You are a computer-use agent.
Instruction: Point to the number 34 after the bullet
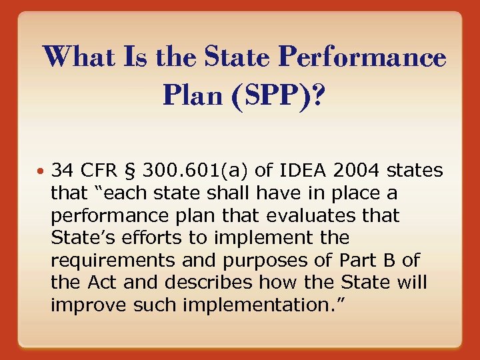(63, 171)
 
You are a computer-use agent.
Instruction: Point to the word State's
(80, 238)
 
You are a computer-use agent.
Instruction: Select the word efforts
(141, 238)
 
